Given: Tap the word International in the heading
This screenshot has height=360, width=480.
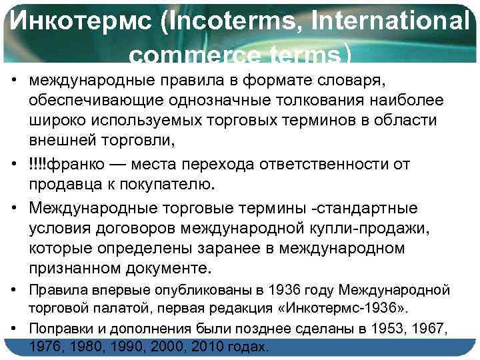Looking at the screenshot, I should pos(387,25).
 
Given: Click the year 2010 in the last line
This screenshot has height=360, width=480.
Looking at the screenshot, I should pos(207,347).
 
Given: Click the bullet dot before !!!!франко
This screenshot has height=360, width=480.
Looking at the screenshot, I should pos(13,164).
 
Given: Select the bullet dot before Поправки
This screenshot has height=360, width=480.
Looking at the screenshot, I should pos(13,329).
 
